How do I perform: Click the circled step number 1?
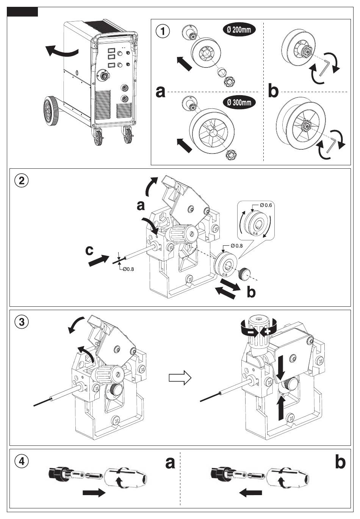(163, 31)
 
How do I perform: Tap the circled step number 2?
(22, 180)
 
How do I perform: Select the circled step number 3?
(22, 322)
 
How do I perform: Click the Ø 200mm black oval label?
(239, 30)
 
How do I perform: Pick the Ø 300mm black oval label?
(239, 102)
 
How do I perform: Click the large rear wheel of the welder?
(51, 111)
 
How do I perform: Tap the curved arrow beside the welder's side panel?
(61, 51)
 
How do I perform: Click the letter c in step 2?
(89, 251)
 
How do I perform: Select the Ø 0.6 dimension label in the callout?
(266, 205)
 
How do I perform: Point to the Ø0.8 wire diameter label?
(128, 269)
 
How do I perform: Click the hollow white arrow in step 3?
(180, 378)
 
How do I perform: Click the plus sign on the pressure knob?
(267, 331)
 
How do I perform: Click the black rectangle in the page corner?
(22, 12)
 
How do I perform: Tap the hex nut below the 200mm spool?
(229, 82)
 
